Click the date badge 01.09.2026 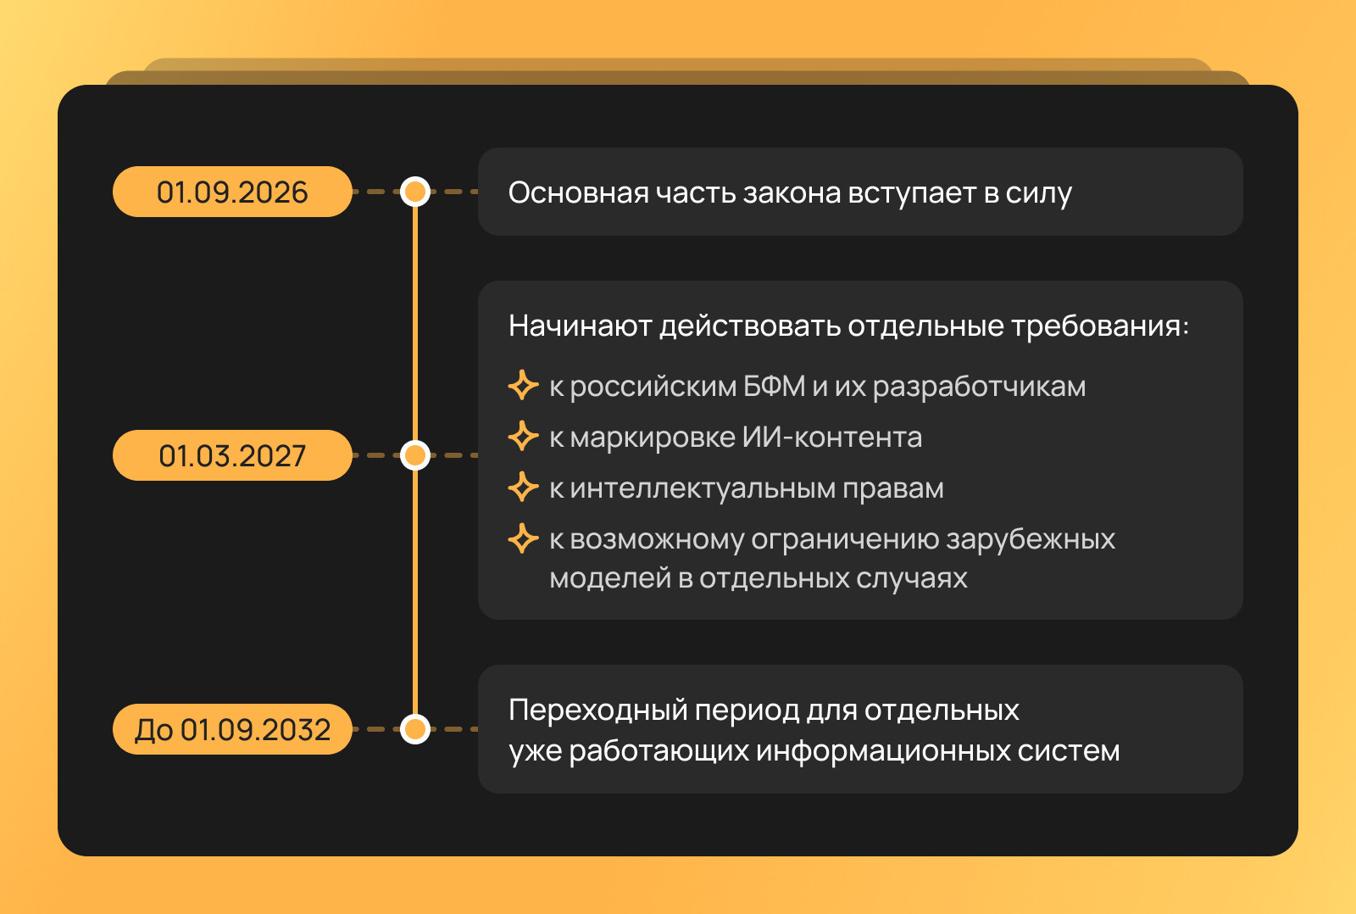[232, 192]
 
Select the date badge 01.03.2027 [232, 455]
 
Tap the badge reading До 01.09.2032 [232, 729]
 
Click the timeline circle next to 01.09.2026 [415, 192]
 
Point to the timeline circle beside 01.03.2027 [415, 455]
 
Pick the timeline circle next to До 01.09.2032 [415, 729]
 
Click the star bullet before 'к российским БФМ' [523, 385]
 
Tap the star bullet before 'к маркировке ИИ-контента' [523, 436]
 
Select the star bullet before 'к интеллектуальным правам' [523, 488]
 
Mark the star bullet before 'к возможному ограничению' [523, 538]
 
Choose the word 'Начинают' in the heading [580, 326]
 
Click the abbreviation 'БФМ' [775, 386]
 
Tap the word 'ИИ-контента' [832, 437]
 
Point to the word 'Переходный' [598, 711]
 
